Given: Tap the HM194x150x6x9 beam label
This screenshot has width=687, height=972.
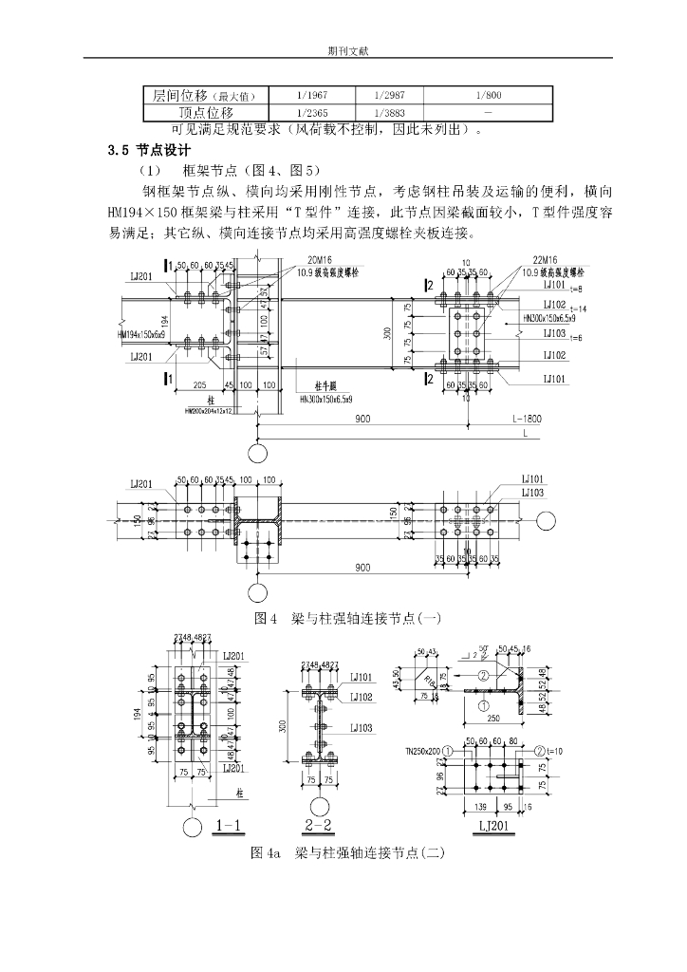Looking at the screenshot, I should point(142,335).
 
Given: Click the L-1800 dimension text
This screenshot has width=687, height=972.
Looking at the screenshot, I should point(523,418).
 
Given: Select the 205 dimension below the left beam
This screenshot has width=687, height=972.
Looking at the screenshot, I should point(200,384).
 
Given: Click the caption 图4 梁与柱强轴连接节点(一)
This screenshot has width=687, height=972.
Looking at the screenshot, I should point(343,619).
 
